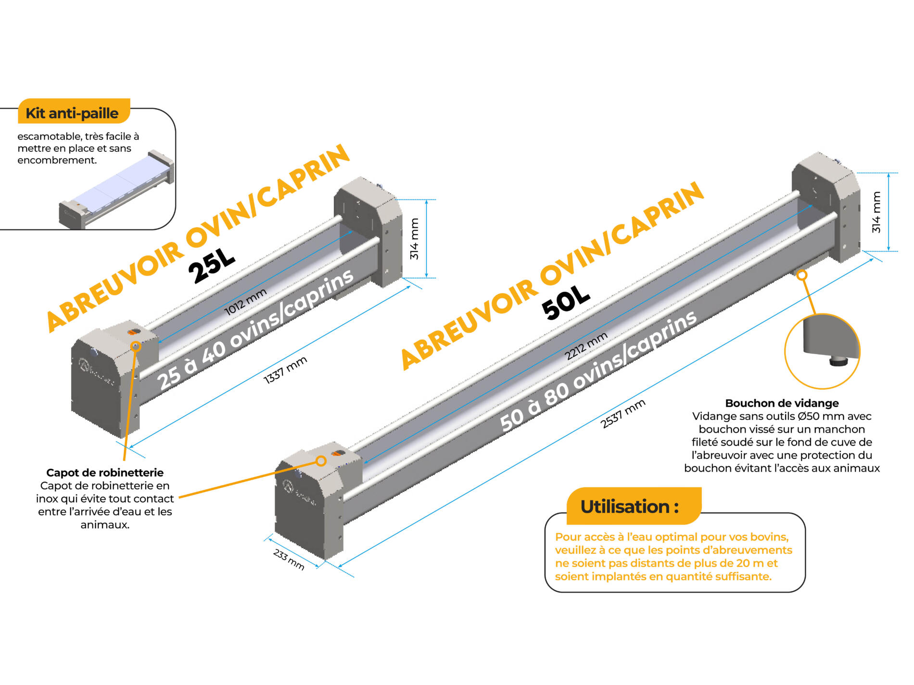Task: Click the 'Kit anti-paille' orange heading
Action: tap(72, 113)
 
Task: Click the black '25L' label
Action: tap(211, 266)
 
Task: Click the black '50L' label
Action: tap(566, 302)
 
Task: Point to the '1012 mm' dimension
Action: tap(245, 302)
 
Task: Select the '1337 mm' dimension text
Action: tap(285, 370)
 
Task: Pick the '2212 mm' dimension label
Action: tap(586, 346)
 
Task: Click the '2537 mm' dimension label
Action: tap(623, 413)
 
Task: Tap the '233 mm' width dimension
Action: tap(289, 559)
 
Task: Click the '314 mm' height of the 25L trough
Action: tap(414, 239)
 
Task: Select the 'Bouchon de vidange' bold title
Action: tap(782, 403)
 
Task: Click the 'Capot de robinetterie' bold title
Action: tap(105, 473)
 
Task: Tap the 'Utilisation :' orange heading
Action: tap(630, 507)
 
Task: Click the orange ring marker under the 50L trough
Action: tap(801, 275)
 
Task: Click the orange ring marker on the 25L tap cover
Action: tap(136, 346)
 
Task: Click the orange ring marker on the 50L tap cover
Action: tap(321, 461)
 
